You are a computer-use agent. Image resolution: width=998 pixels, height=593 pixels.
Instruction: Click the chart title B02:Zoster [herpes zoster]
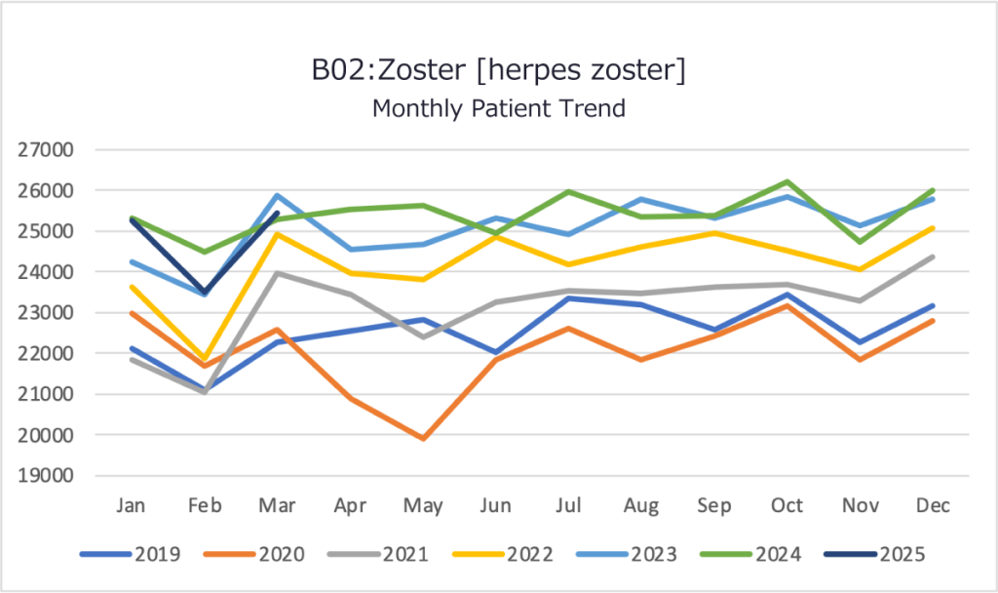(x=498, y=71)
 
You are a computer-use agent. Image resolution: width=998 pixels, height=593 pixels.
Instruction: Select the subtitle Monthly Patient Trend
(x=498, y=108)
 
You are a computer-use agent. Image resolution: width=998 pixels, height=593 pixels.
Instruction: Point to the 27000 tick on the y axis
(x=46, y=150)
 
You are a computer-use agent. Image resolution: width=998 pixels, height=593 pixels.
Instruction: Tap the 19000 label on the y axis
(x=46, y=476)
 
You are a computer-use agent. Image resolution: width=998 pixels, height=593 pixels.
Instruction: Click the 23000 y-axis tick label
(x=46, y=313)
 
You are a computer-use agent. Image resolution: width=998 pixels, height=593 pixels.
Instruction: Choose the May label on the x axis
(x=423, y=505)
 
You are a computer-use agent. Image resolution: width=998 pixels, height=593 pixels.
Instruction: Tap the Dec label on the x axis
(x=933, y=505)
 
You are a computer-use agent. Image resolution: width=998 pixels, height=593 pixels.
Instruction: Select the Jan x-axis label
(x=132, y=505)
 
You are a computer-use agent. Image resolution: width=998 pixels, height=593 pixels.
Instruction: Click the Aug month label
(x=641, y=505)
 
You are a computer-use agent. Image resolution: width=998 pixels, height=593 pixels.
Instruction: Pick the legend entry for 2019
(x=157, y=555)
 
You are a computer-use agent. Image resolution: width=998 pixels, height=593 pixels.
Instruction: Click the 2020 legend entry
(x=282, y=555)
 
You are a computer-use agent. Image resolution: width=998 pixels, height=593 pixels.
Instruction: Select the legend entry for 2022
(x=531, y=555)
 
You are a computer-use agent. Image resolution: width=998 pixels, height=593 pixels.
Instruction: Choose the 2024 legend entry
(x=778, y=555)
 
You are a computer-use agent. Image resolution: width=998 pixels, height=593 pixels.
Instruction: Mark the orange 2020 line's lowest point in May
(x=423, y=439)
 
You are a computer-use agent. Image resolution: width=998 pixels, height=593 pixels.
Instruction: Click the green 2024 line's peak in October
(x=787, y=181)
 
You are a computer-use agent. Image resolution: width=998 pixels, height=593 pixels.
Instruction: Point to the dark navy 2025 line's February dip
(x=205, y=293)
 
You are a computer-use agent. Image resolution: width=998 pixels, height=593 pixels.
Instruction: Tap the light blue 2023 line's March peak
(x=278, y=195)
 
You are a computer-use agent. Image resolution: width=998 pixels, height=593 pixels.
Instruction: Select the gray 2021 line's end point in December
(x=933, y=257)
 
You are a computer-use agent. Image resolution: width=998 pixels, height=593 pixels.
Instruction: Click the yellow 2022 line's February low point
(x=205, y=359)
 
